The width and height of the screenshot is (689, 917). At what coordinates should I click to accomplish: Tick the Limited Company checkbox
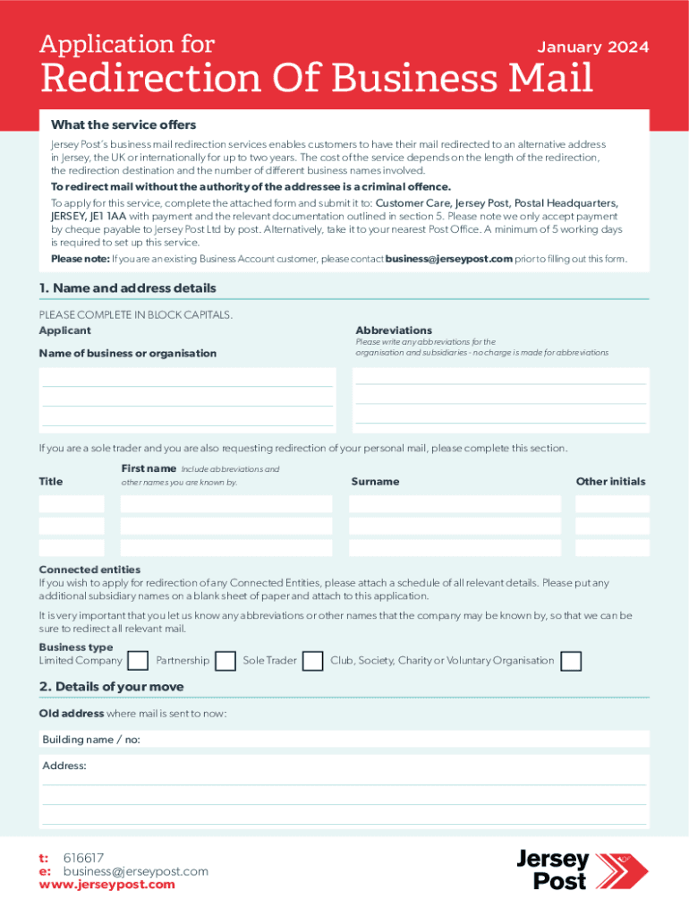pos(138,661)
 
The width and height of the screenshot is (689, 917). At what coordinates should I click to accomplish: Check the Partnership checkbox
pos(226,661)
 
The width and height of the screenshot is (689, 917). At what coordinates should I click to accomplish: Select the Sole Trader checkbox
pos(312,661)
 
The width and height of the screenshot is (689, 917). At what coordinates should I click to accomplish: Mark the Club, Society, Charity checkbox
pos(570,661)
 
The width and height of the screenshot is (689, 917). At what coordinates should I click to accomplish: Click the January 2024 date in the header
pos(592,47)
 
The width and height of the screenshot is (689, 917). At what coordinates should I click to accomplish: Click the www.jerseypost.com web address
pos(107,885)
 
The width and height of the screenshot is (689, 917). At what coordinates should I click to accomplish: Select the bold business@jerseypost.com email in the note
pos(448,259)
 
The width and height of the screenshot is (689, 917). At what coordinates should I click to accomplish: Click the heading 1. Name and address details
pos(127,288)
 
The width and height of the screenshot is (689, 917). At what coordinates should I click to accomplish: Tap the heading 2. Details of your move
pos(111,687)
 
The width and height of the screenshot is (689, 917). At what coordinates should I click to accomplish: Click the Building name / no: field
pos(344,740)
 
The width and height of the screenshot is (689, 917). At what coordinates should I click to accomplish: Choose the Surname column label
pos(375,482)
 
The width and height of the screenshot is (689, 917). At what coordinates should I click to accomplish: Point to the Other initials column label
pos(610,482)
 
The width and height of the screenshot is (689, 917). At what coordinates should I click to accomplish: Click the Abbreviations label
pos(394,330)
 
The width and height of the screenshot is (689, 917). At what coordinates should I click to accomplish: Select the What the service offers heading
pos(123,124)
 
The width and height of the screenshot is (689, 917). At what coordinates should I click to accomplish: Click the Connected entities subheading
pos(89,570)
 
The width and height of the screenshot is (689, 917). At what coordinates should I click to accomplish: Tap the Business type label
pos(76,647)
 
